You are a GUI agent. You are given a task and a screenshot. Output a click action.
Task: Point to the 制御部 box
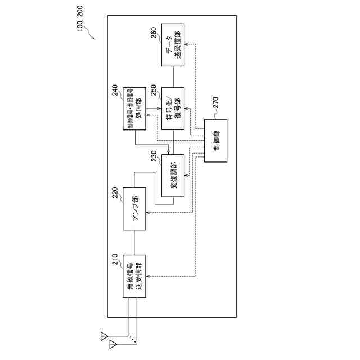(217, 141)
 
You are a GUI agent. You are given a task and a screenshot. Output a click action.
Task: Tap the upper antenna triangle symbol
(103, 336)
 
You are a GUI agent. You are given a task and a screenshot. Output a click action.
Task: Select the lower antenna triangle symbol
(113, 342)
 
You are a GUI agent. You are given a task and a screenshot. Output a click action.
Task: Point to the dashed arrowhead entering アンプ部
(147, 212)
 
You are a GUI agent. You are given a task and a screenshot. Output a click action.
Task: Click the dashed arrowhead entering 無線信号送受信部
(147, 276)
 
